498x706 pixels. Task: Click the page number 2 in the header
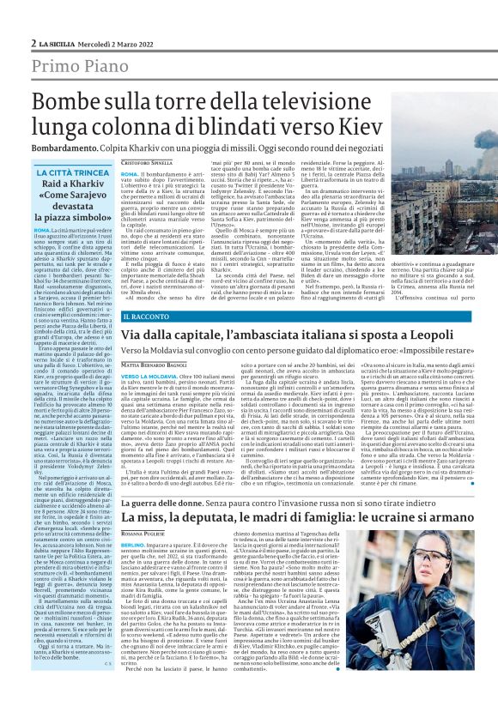pyautogui.click(x=33, y=43)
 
